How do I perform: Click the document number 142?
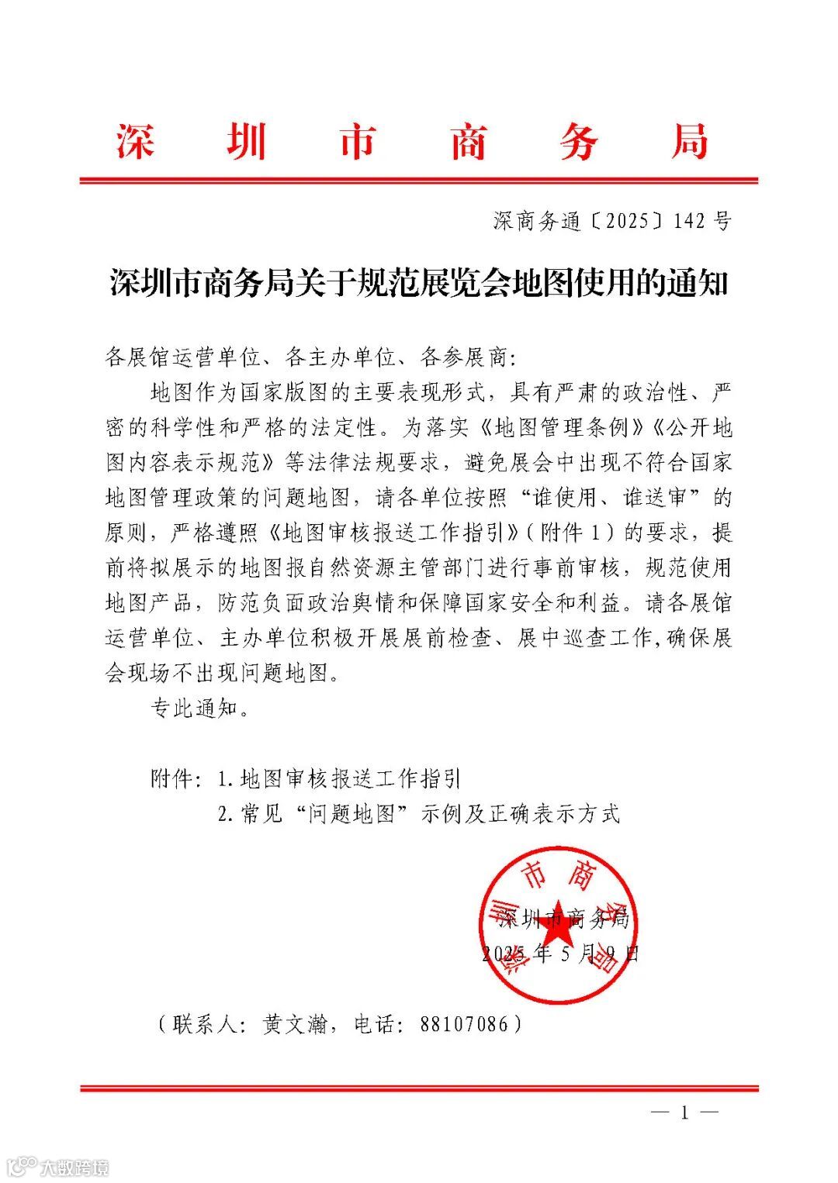(x=689, y=222)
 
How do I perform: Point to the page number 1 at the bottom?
(x=684, y=1113)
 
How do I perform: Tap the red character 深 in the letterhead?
(x=136, y=143)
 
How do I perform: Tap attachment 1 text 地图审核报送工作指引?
(x=351, y=778)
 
